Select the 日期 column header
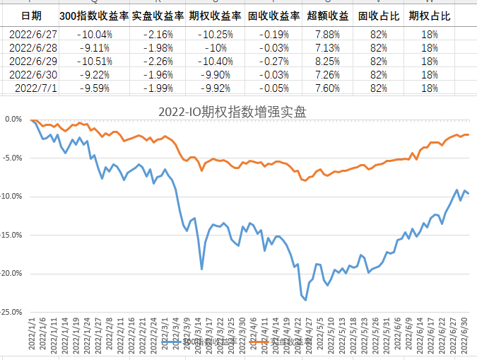pos(31,15)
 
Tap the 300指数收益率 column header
pos(94,15)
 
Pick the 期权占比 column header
pos(429,15)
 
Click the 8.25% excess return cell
pos(326,62)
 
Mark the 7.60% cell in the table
pos(326,88)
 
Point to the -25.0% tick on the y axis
pos(13,311)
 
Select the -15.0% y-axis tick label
pos(13,234)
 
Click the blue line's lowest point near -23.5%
pos(306,300)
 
